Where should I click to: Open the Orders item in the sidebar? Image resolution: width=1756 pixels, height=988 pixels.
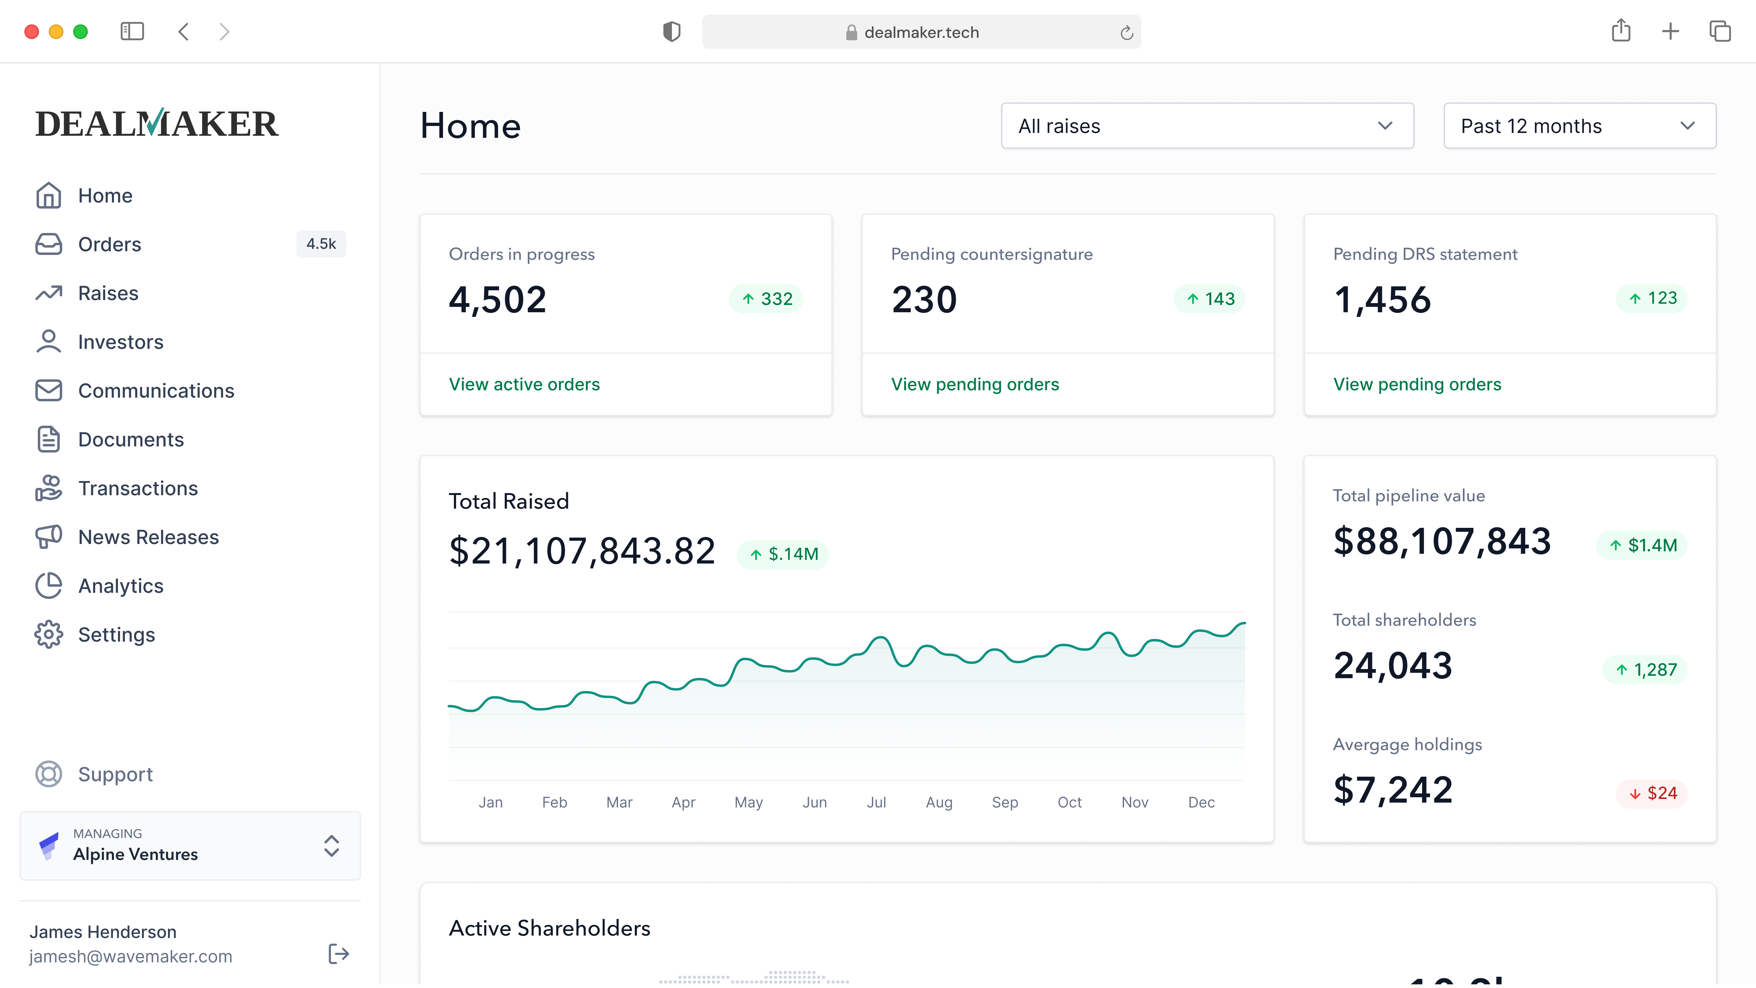coord(109,244)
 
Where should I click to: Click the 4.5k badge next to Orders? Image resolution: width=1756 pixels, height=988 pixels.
coord(321,244)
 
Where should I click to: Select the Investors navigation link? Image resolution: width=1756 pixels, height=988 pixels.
coord(121,342)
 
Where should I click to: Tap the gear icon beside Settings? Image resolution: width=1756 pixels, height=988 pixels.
coord(48,635)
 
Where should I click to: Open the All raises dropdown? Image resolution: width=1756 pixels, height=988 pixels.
coord(1207,126)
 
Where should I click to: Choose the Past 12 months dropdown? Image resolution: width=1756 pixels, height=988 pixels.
coord(1579,126)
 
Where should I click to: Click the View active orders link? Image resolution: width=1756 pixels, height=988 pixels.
coord(524,385)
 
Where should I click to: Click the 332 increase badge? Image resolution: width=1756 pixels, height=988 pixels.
coord(766,299)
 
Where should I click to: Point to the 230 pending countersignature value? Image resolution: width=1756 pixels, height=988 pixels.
coord(924,299)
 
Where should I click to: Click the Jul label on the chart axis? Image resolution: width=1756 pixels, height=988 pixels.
coord(876,803)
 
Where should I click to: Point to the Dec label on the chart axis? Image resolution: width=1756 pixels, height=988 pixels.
coord(1201,803)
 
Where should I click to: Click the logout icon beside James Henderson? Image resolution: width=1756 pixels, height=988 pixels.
coord(339,954)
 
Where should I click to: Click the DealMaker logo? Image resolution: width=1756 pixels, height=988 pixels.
coord(157,123)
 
